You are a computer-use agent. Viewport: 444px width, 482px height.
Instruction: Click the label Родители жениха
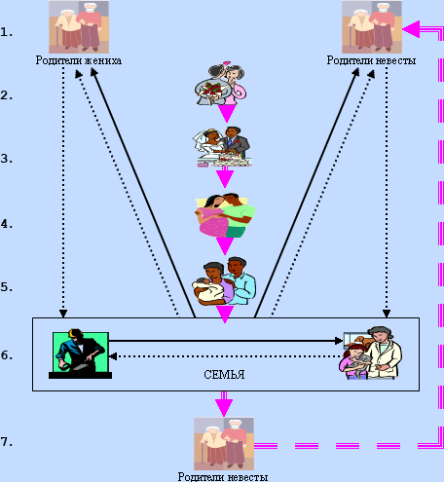(79, 60)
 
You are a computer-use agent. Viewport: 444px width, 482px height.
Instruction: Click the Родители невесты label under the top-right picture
(371, 60)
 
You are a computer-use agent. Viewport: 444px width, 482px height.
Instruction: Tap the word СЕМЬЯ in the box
(224, 375)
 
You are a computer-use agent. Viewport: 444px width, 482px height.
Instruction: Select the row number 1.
(7, 32)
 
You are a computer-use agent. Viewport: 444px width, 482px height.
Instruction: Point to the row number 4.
(7, 224)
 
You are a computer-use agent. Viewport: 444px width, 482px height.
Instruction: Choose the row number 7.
(7, 442)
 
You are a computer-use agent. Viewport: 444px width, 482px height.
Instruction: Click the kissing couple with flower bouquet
(221, 85)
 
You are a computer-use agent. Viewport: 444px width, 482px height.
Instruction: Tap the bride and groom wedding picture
(222, 147)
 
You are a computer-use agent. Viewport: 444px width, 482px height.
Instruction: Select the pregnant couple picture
(225, 215)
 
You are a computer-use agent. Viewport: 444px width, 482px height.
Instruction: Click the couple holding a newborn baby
(224, 281)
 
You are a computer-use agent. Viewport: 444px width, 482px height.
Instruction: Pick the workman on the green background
(80, 353)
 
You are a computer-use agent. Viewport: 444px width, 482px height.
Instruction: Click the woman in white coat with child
(371, 352)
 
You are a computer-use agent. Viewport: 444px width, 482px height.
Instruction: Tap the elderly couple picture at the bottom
(224, 443)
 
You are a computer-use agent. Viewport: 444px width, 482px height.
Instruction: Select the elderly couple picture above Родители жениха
(79, 27)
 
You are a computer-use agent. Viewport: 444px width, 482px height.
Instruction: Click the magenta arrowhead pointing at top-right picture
(411, 29)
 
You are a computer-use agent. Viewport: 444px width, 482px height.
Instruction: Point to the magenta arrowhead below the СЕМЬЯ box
(224, 407)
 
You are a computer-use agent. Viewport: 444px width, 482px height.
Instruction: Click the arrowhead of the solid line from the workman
(339, 341)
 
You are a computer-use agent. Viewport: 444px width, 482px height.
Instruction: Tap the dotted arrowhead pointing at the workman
(113, 356)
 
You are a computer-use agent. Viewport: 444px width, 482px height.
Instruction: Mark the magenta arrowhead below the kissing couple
(227, 114)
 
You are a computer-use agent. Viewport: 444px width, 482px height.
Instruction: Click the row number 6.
(7, 355)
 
